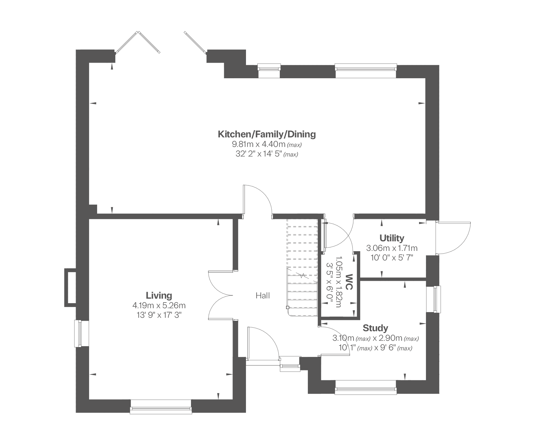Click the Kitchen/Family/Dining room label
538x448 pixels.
click(x=267, y=134)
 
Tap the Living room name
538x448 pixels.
click(x=159, y=295)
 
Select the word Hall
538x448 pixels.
click(x=263, y=296)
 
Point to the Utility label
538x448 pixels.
click(x=392, y=238)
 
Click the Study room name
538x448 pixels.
click(x=375, y=328)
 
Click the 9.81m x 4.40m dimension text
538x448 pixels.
click(x=259, y=145)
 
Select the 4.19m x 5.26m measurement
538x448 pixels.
click(x=159, y=306)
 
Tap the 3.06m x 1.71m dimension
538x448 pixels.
click(x=392, y=248)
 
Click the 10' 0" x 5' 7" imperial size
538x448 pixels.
click(x=392, y=257)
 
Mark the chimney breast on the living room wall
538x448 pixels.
click(x=70, y=288)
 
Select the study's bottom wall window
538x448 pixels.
click(x=366, y=387)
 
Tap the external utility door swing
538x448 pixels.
click(x=453, y=238)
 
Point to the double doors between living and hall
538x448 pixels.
click(x=221, y=295)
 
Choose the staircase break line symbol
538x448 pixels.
click(x=302, y=275)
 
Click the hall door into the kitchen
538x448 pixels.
click(x=258, y=200)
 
